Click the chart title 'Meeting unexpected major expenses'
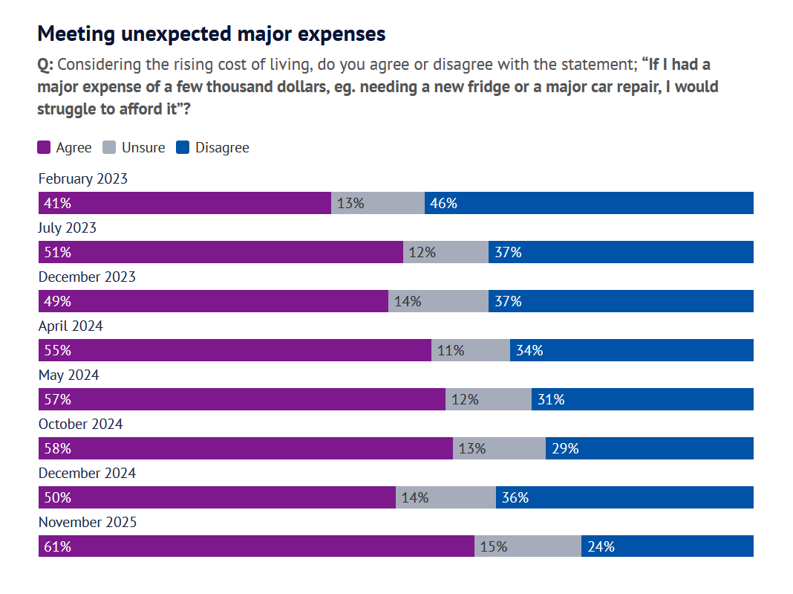211,34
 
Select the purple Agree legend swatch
44,147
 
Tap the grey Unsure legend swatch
109,147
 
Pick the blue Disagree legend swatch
183,147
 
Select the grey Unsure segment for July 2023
446,252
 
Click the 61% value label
58,546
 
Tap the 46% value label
443,203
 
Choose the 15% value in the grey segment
494,546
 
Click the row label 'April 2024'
71,326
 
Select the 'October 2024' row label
80,424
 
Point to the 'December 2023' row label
87,277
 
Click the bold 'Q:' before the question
45,65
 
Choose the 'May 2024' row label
68,375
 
